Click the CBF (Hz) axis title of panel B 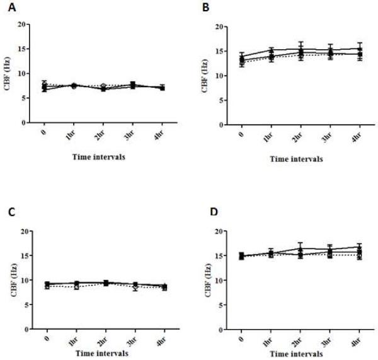click(205, 76)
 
